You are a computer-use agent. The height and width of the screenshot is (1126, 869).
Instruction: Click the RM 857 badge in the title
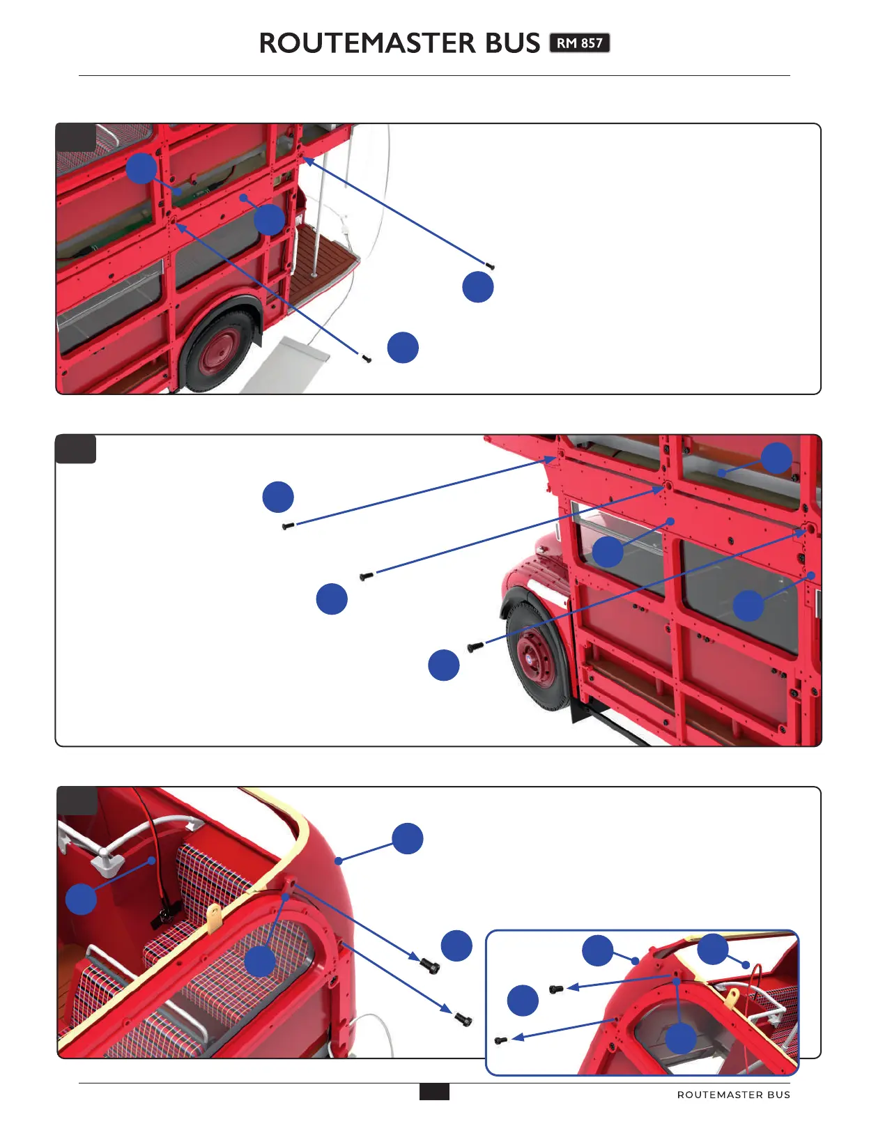(579, 43)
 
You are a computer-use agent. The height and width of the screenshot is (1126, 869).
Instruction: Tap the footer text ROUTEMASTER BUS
(733, 1095)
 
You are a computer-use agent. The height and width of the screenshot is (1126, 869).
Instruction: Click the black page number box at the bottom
(434, 1092)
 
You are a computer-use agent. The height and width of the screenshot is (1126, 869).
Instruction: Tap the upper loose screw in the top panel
(490, 265)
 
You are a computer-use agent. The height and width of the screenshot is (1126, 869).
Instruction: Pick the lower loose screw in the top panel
(367, 359)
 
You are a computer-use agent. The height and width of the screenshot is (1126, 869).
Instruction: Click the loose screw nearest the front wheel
(476, 647)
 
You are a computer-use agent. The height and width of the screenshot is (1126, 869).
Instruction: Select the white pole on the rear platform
(317, 223)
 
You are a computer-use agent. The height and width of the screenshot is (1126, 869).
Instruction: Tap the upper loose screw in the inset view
(556, 989)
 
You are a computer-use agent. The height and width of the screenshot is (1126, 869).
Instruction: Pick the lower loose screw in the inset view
(500, 1040)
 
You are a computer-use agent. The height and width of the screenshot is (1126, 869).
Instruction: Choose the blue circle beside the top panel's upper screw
(478, 287)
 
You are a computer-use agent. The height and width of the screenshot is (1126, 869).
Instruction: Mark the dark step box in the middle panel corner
(75, 449)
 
